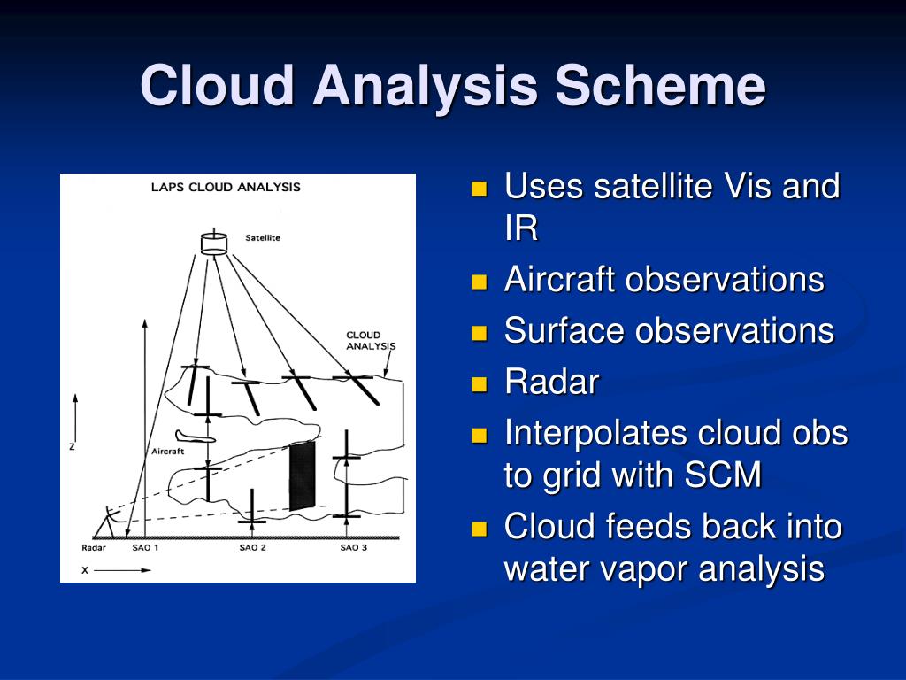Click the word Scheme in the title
660,85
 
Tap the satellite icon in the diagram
214,242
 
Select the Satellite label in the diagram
262,237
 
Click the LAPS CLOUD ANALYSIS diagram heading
226,188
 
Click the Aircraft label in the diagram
167,451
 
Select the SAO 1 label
145,547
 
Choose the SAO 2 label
252,547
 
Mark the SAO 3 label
354,547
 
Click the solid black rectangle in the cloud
303,475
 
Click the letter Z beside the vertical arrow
73,446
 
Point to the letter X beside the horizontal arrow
85,570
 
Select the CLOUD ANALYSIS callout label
371,341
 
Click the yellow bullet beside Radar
479,384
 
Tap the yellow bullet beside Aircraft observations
479,282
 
